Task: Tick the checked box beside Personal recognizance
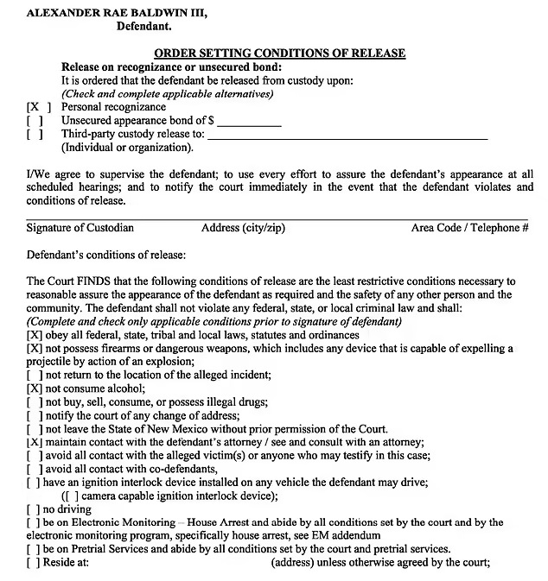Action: [39, 108]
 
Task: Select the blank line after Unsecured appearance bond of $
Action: [250, 123]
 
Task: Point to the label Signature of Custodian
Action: [80, 228]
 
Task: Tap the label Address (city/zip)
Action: [243, 228]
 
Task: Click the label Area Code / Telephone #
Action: [470, 228]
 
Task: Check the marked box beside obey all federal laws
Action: [35, 335]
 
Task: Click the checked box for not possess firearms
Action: [35, 349]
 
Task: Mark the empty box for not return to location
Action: [35, 376]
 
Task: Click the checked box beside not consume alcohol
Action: [35, 389]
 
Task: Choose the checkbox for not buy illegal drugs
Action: [35, 402]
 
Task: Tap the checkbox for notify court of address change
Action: [35, 416]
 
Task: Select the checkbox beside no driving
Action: [35, 509]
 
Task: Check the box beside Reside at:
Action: [35, 563]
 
